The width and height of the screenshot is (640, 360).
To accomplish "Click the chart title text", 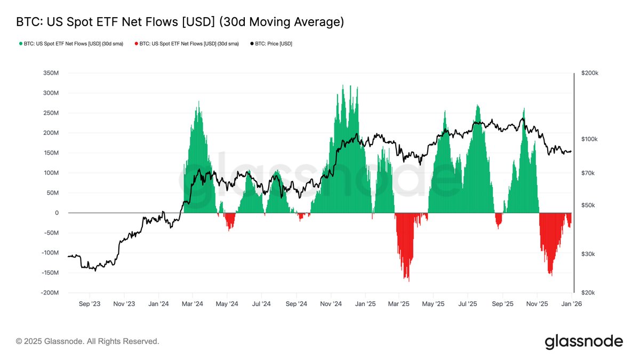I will point(180,22).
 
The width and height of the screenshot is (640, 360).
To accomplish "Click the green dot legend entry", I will point(71,44).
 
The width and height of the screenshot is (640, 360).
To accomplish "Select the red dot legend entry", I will point(187,44).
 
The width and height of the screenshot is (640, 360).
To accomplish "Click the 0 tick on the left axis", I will point(57,213).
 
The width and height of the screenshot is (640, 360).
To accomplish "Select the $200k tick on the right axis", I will point(589,73).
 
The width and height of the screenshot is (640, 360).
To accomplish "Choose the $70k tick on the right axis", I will point(588,173).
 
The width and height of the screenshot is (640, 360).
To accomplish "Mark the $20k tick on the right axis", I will point(588,293).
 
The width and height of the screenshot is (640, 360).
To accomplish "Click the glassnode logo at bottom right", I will point(583,341).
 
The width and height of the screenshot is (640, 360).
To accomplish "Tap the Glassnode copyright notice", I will point(87,341).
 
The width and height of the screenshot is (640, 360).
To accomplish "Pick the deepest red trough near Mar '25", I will point(409,280).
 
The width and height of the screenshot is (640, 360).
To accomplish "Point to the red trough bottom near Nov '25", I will point(551,275).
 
